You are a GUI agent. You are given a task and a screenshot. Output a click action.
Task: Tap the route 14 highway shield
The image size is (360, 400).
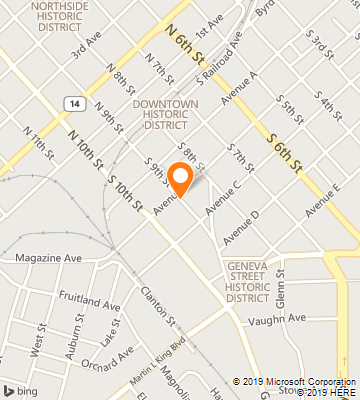pos(74,102)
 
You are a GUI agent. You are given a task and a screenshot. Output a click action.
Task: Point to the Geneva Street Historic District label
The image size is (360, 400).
pos(248,280)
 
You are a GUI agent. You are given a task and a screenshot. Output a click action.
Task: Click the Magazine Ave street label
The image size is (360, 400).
pos(48,257)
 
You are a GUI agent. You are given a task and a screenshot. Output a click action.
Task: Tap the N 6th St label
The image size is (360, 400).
pos(186,41)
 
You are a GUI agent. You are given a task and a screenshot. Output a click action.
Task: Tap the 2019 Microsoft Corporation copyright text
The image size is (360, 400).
pos(295,381)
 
